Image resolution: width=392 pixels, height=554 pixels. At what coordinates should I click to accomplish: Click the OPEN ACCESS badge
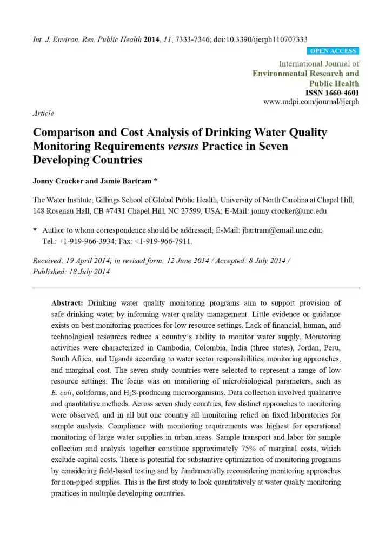point(334,51)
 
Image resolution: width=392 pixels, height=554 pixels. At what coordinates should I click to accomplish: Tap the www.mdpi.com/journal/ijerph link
point(311,101)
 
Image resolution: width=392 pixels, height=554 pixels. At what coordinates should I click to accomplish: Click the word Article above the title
point(43,113)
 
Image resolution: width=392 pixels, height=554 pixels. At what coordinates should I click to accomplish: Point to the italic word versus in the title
point(184,146)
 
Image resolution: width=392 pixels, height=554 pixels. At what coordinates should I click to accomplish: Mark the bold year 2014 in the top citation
point(152,39)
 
